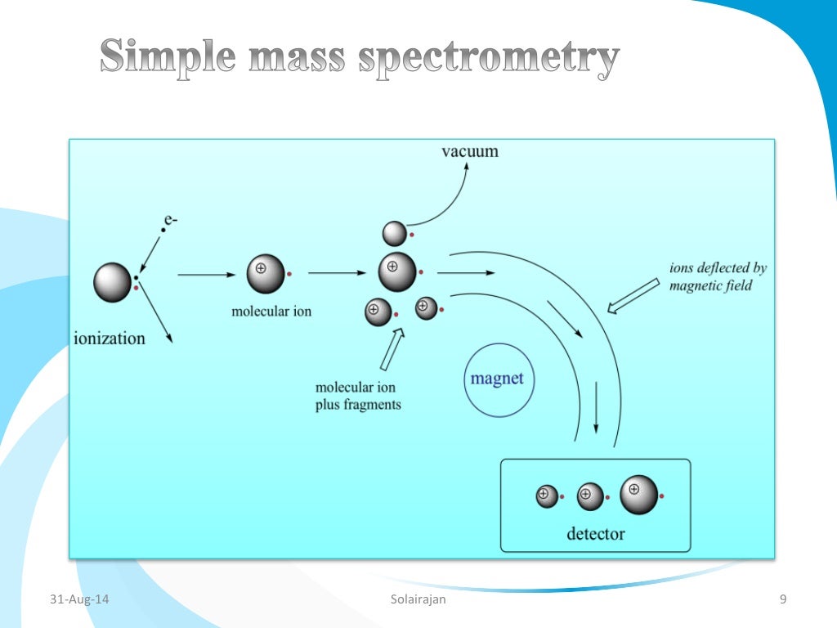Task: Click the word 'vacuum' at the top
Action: point(469,151)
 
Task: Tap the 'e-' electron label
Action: point(170,219)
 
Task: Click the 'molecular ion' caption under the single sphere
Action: point(271,312)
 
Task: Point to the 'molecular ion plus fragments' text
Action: point(358,396)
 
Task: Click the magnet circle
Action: point(497,380)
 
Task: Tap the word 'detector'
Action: point(595,534)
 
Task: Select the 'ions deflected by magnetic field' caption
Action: point(718,277)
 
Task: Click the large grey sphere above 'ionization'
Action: point(112,282)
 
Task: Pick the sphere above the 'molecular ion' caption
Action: point(265,273)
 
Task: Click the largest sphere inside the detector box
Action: point(638,495)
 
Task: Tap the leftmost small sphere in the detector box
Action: point(546,496)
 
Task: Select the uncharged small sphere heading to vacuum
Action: point(395,234)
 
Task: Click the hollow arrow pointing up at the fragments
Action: point(391,349)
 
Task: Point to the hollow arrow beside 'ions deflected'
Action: point(634,295)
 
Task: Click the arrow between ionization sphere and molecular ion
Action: point(205,275)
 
